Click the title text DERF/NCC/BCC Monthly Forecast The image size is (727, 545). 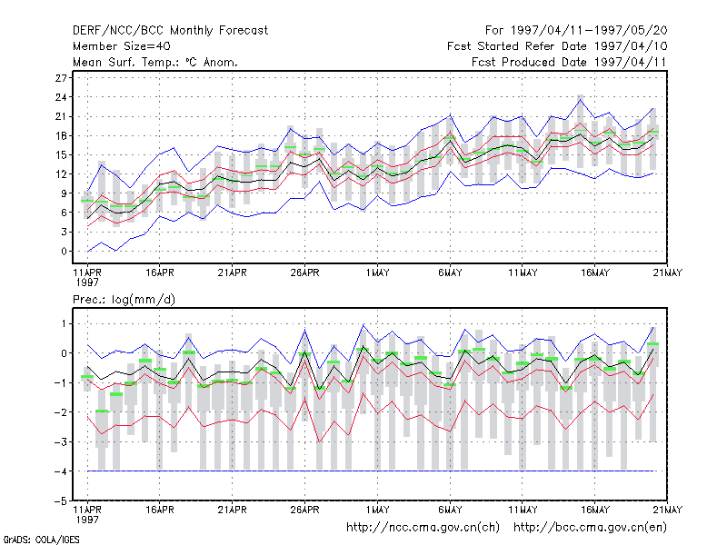170,31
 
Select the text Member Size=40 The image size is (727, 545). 122,46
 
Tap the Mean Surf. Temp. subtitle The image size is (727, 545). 154,62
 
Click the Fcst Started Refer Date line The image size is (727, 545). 557,46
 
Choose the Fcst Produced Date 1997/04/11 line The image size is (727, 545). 569,62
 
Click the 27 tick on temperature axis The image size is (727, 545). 61,78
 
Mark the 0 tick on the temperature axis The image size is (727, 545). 64,252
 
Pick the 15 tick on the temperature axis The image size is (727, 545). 61,154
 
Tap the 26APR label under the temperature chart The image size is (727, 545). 305,272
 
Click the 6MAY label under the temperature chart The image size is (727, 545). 450,272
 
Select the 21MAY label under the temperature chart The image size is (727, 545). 668,272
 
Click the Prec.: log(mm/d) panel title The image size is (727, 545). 124,300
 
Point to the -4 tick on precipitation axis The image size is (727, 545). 61,471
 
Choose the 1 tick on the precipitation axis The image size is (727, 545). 64,323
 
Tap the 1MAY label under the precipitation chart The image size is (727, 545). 377,510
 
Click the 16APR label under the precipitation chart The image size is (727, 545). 160,510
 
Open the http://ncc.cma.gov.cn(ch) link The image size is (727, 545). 423,528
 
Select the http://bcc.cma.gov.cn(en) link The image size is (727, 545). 590,528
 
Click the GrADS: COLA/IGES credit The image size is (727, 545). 42,540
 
